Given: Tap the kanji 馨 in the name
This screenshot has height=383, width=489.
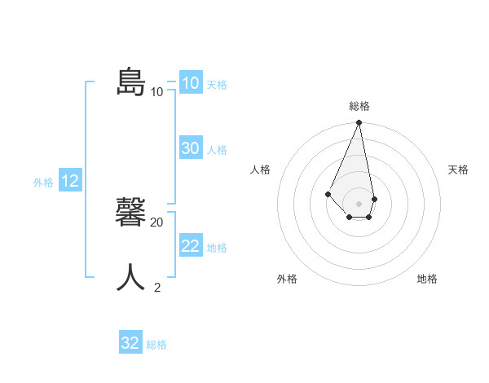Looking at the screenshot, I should pyautogui.click(x=131, y=214).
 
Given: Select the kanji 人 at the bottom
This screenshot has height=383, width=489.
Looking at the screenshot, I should pyautogui.click(x=131, y=278).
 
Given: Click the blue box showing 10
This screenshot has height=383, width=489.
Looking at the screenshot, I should pyautogui.click(x=190, y=83).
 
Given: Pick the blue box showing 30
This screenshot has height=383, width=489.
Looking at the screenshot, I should pyautogui.click(x=190, y=148).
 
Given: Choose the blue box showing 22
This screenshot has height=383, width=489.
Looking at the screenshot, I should pyautogui.click(x=190, y=246).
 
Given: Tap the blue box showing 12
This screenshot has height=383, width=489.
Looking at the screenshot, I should pyautogui.click(x=69, y=181).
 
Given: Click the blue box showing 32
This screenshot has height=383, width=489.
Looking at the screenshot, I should pyautogui.click(x=130, y=343).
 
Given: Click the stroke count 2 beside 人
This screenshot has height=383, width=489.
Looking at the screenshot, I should pyautogui.click(x=157, y=287).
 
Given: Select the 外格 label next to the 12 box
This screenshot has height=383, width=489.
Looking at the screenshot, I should pyautogui.click(x=43, y=183).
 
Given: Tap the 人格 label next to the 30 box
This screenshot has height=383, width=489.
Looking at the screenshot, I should pyautogui.click(x=217, y=150).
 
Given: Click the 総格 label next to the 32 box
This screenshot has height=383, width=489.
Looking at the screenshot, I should pyautogui.click(x=156, y=345).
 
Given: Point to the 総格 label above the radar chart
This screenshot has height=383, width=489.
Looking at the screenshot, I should pyautogui.click(x=359, y=106).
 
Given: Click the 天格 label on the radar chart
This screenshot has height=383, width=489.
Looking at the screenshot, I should pyautogui.click(x=458, y=169).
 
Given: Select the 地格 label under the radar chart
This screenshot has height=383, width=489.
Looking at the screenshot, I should pyautogui.click(x=427, y=279).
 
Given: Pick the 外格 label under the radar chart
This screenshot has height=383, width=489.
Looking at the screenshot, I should pyautogui.click(x=287, y=279).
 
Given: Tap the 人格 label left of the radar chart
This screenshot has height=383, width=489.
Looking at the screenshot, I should pyautogui.click(x=260, y=169).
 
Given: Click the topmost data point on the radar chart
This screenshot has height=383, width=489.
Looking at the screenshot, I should pyautogui.click(x=359, y=123).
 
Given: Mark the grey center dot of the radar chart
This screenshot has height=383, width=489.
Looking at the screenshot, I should pyautogui.click(x=359, y=204).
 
